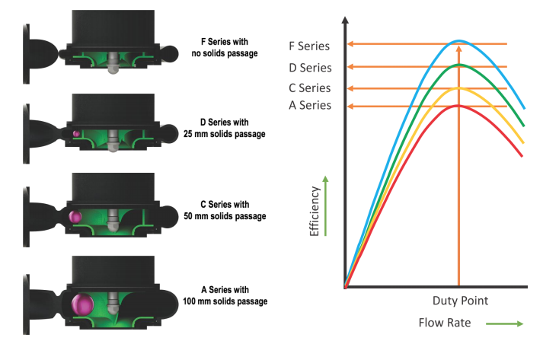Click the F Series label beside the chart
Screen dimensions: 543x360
tap(309, 46)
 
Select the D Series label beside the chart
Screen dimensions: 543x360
tap(310, 68)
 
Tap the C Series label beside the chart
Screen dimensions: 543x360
tap(310, 88)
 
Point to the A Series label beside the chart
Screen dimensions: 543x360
tap(310, 105)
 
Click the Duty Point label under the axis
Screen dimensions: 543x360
tap(460, 301)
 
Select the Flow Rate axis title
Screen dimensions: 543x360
tap(445, 323)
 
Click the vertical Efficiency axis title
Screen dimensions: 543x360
tap(314, 212)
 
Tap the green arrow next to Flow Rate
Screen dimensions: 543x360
tap(505, 323)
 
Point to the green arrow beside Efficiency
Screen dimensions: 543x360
tap(325, 206)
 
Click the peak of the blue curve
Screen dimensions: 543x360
tap(459, 41)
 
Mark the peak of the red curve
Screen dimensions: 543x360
tap(458, 105)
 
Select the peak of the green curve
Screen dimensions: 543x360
tap(459, 65)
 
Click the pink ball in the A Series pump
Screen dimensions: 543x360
tap(83, 304)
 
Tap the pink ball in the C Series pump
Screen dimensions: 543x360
tap(75, 217)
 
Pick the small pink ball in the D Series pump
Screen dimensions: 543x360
tap(76, 134)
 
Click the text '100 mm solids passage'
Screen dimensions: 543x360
tap(225, 301)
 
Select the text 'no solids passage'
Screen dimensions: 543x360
tap(225, 53)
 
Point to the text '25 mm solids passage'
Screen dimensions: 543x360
tap(225, 134)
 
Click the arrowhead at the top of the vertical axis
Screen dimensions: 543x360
tap(345, 20)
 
